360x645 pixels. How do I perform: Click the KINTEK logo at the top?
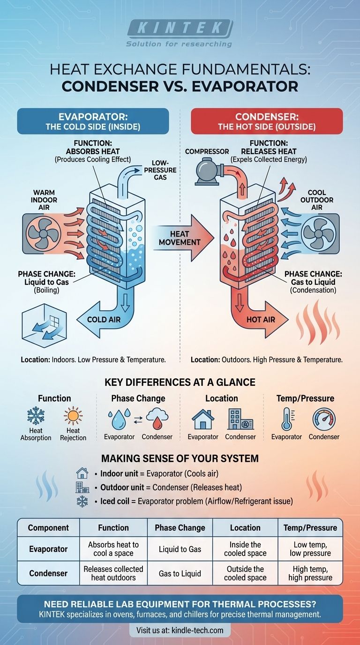[180, 28]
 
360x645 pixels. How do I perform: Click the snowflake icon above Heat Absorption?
[36, 416]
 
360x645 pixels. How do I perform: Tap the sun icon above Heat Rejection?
[73, 416]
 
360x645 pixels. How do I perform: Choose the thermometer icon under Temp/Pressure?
[286, 419]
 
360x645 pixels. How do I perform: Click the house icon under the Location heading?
[203, 419]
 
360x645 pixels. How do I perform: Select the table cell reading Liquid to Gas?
[180, 549]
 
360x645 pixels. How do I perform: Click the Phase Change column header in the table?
[180, 527]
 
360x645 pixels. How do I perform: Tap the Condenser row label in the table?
[48, 573]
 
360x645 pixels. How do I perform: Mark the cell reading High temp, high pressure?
[310, 573]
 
